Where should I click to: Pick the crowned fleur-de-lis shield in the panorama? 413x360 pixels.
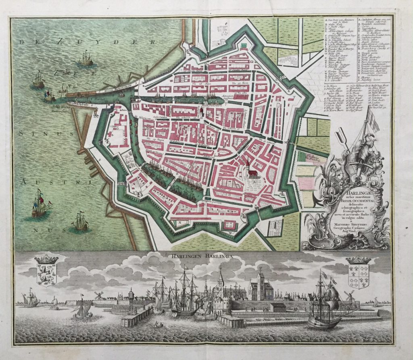pos(359,269)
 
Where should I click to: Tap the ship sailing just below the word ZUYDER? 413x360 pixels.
pos(86,59)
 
